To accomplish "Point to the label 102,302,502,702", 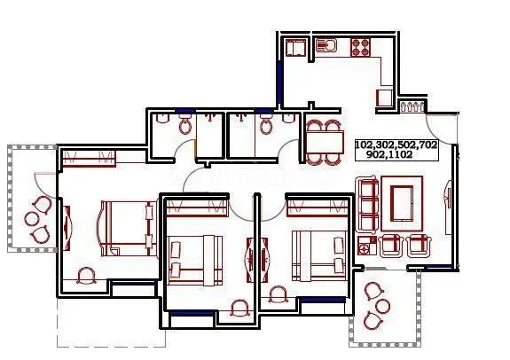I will click(396, 144).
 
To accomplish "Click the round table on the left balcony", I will click(33, 216).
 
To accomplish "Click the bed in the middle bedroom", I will click(195, 257).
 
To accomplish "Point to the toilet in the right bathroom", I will click(266, 125).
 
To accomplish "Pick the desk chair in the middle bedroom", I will click(239, 309).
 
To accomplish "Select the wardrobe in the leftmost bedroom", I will click(89, 160).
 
